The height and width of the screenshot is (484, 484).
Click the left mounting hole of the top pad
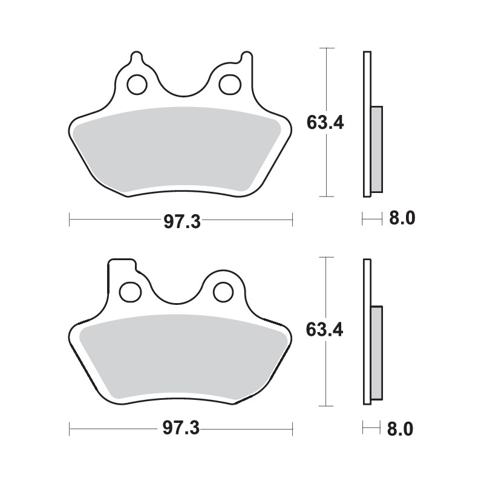(136, 83)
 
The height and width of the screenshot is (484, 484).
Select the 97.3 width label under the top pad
(181, 221)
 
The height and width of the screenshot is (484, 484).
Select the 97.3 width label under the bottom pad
(181, 430)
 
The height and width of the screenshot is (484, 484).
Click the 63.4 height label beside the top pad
(325, 123)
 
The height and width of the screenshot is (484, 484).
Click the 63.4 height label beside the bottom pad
(325, 330)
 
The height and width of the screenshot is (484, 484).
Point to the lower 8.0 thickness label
(402, 429)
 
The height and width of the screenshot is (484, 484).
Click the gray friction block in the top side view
(376, 149)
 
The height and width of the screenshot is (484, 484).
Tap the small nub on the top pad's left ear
(137, 58)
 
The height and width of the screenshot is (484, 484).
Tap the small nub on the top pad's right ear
(246, 58)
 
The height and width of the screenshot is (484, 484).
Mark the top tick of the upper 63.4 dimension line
(327, 47)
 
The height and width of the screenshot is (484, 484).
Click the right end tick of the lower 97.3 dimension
(293, 429)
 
